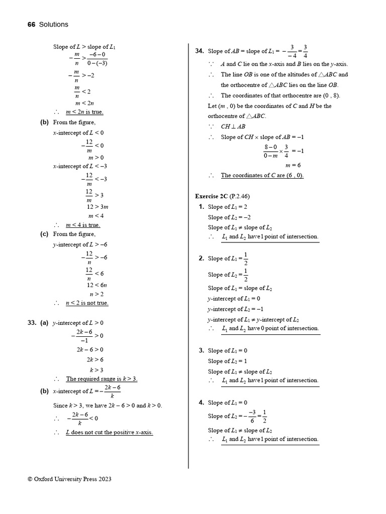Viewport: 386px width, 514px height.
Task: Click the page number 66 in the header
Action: coord(32,24)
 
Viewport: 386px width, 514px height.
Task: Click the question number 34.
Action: coord(199,51)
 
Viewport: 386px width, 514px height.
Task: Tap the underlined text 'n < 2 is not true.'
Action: coord(87,303)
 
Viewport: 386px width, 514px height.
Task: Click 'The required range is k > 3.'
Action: coord(102,379)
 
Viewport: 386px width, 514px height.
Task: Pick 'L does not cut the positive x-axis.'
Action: coord(109,432)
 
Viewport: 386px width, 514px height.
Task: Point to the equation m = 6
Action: coord(293,165)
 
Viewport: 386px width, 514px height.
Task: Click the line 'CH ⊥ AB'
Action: coord(233,126)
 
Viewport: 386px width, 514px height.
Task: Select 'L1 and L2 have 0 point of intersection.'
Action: coord(270,328)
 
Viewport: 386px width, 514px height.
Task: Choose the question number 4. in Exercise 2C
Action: coord(201,403)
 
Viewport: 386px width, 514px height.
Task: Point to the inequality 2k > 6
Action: coord(95,359)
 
